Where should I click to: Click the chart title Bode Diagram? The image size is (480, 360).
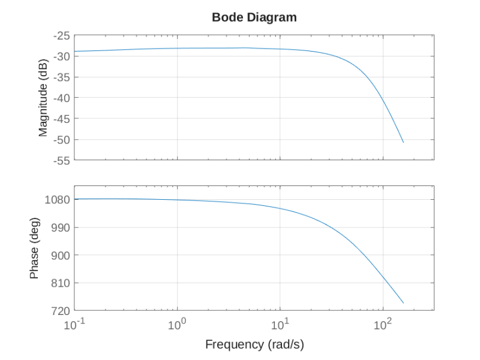pos(254,17)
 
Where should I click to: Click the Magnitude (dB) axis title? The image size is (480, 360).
pos(43,98)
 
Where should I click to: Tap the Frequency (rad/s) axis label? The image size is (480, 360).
pos(254,344)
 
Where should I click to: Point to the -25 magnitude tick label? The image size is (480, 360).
pos(61,35)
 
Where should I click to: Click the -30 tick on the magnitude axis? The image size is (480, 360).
pos(61,56)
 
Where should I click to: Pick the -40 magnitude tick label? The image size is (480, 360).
pos(61,98)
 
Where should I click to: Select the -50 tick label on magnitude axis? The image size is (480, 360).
pos(61,140)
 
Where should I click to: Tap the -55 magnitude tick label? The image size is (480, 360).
pos(61,160)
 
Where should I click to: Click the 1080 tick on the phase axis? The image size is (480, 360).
pos(58,200)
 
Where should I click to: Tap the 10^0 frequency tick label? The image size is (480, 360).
pos(178,325)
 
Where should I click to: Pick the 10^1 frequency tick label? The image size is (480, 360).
pos(280,325)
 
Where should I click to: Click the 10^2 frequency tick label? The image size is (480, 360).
pos(383,325)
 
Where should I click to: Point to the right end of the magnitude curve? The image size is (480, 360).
pos(403,142)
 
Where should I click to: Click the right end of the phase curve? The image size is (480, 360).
pos(403,303)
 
